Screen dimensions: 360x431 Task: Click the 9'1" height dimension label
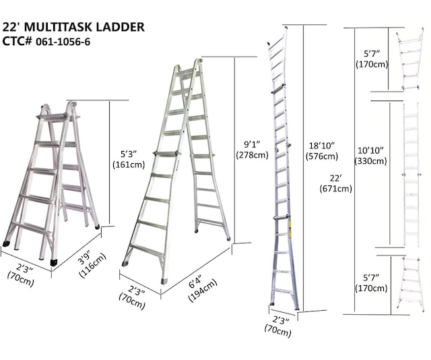pyautogui.click(x=252, y=143)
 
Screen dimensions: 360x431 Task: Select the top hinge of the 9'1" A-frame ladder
pyautogui.click(x=189, y=66)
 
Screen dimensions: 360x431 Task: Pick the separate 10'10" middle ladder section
pyautogui.click(x=410, y=175)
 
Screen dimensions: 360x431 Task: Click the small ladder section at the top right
pyautogui.click(x=409, y=61)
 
